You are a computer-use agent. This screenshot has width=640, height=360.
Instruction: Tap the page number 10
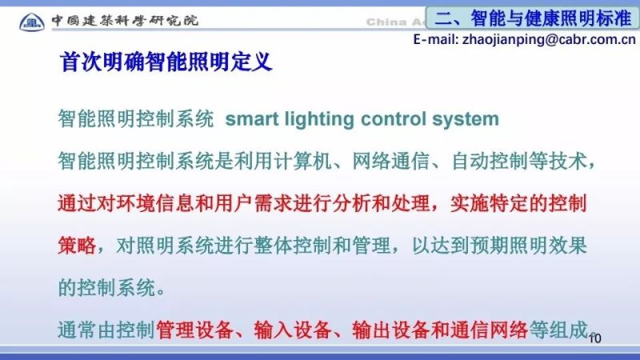pyautogui.click(x=594, y=339)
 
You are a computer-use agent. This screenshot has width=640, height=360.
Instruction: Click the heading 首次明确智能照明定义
pyautogui.click(x=166, y=62)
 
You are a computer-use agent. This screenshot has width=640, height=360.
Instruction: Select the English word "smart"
pyautogui.click(x=251, y=120)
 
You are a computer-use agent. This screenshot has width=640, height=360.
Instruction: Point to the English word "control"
pyautogui.click(x=391, y=120)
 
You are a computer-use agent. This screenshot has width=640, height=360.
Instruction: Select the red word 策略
pyautogui.click(x=77, y=244)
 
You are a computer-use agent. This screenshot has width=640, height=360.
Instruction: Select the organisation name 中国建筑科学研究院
pyautogui.click(x=124, y=20)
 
